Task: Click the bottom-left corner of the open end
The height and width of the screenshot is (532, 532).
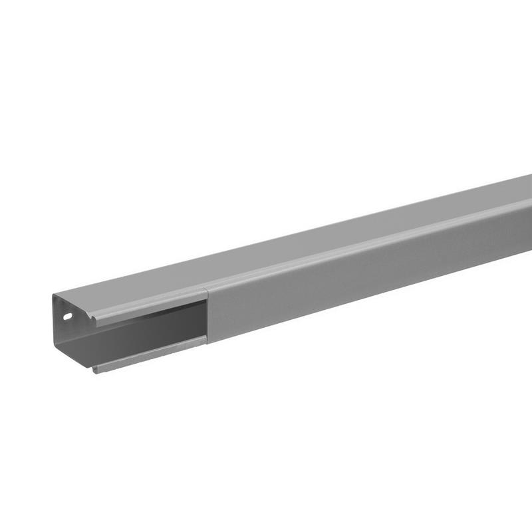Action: (55, 344)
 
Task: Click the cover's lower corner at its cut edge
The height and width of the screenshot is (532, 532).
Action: (207, 340)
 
